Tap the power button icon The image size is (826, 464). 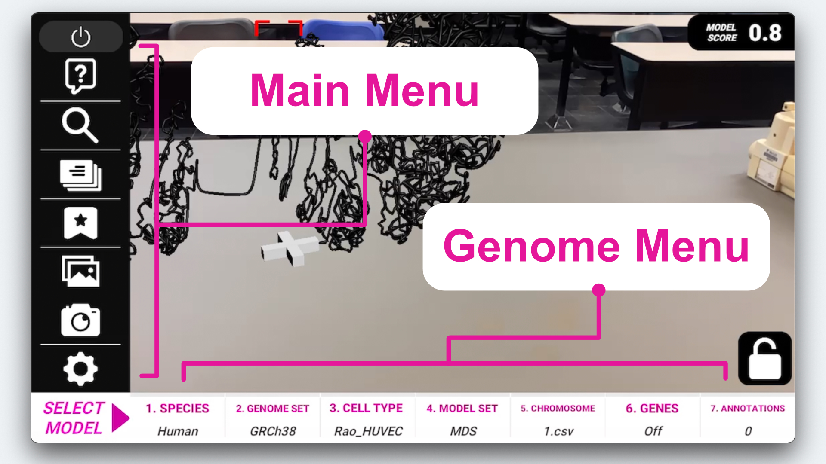click(80, 37)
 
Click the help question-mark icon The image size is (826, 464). click(80, 76)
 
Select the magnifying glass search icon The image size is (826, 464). click(80, 125)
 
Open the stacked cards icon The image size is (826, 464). click(80, 175)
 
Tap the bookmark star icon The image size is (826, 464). click(80, 223)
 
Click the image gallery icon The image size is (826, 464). click(80, 272)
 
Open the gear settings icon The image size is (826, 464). click(80, 369)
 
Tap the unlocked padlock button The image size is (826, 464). click(765, 359)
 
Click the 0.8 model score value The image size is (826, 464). click(765, 33)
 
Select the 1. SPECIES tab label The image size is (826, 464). click(177, 408)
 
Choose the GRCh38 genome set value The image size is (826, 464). click(273, 431)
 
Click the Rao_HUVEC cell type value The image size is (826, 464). click(368, 431)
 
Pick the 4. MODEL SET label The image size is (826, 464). click(462, 408)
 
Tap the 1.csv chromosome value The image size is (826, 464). click(558, 431)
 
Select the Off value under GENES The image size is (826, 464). click(653, 431)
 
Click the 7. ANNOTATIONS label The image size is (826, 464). click(748, 408)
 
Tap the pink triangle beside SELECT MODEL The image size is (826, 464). click(120, 418)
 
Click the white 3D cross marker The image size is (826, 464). click(290, 248)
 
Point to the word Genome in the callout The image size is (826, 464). click(532, 247)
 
